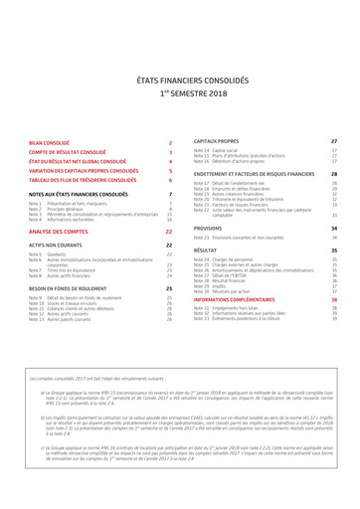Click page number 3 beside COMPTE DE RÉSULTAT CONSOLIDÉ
(x=171, y=152)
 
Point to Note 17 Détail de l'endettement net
(x=240, y=184)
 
